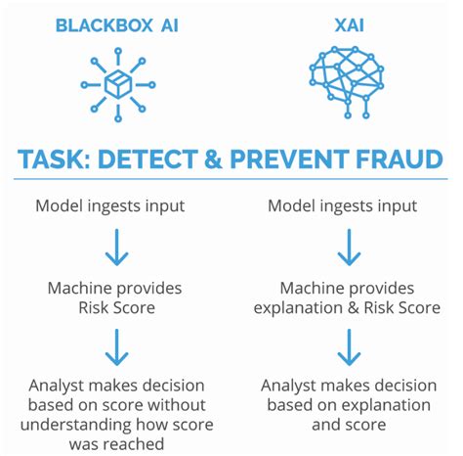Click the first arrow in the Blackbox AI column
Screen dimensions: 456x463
(x=116, y=249)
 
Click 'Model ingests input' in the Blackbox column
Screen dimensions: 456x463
(x=116, y=206)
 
